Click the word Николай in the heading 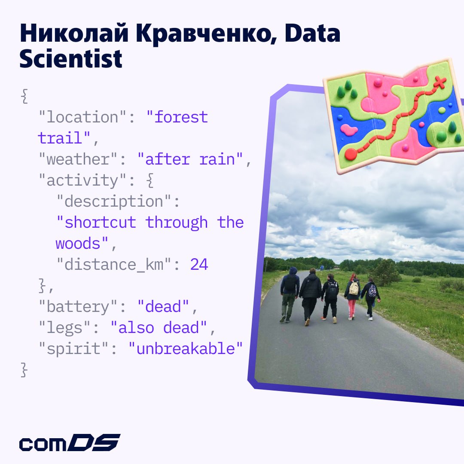[x=74, y=34]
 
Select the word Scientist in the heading [x=71, y=58]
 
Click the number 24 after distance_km [x=199, y=264]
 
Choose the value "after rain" [x=190, y=159]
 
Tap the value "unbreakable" [x=186, y=348]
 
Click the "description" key [x=113, y=201]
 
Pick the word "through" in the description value [x=177, y=223]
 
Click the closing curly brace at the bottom [x=24, y=370]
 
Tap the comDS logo [x=70, y=443]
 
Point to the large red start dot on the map [x=351, y=154]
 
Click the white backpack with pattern [x=354, y=288]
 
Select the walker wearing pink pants [x=352, y=297]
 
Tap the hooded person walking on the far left [x=290, y=295]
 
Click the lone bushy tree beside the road [x=385, y=272]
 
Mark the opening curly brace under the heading [x=24, y=96]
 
